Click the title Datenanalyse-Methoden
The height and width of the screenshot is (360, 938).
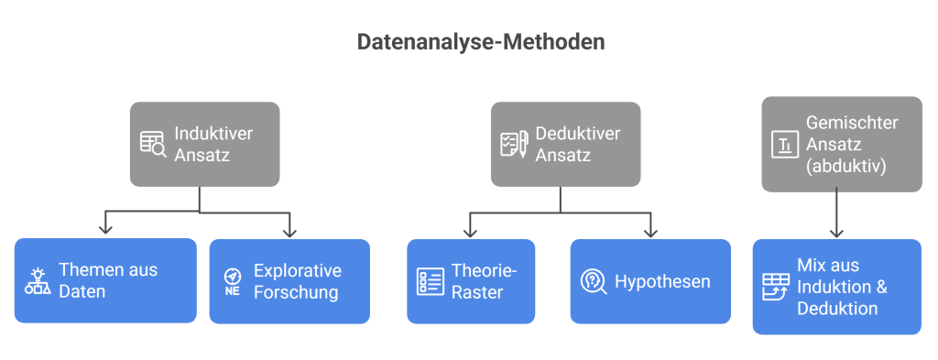tap(480, 42)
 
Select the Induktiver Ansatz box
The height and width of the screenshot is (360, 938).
tap(204, 145)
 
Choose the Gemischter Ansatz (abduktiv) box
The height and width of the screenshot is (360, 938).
tap(842, 145)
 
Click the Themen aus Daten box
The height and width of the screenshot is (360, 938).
tap(106, 280)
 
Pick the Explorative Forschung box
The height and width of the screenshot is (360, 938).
tap(289, 280)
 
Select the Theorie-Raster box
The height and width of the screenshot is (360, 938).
tap(471, 280)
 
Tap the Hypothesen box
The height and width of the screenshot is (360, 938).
tap(650, 280)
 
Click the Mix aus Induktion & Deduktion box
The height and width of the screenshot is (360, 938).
tap(837, 286)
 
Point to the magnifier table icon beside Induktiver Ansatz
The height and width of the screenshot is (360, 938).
tap(152, 145)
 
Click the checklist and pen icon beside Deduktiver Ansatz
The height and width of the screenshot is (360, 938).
tap(513, 145)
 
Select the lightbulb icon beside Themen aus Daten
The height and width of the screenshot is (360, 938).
tap(38, 281)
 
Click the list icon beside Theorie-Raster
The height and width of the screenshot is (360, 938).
tap(430, 281)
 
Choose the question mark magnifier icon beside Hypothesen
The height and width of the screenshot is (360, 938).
tap(593, 281)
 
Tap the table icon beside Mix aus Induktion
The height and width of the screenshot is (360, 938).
tap(775, 286)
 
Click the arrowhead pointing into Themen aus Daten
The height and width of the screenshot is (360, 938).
tap(107, 230)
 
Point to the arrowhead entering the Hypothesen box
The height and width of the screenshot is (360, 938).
tap(651, 231)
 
